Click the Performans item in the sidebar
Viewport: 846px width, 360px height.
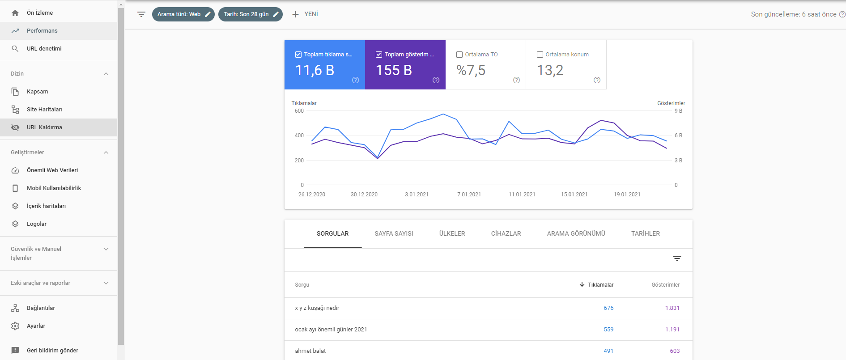coord(42,31)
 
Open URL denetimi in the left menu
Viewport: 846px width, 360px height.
coord(44,49)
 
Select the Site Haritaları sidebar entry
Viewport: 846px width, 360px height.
coord(44,110)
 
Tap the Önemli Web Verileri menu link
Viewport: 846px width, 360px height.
coord(52,170)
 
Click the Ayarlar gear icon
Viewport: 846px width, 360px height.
coord(15,326)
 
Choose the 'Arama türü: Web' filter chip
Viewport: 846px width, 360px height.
coord(183,14)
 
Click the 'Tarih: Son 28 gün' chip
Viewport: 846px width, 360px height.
coord(250,14)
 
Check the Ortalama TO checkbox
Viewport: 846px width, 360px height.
coord(459,55)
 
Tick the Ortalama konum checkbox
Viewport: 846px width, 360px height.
coord(540,55)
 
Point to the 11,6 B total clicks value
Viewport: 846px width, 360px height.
coord(315,71)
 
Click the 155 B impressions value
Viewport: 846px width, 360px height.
coord(394,71)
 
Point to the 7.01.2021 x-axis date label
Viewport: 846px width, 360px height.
coord(469,195)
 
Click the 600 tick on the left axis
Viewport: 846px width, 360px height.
coord(299,111)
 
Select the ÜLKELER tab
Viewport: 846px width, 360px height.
coord(452,234)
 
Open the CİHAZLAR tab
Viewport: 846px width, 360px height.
coord(506,234)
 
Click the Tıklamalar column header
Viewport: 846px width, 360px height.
coord(600,285)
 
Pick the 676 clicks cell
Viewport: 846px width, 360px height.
coord(608,308)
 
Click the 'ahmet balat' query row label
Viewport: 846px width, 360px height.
coord(310,351)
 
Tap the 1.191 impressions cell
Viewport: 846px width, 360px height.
coord(672,330)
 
